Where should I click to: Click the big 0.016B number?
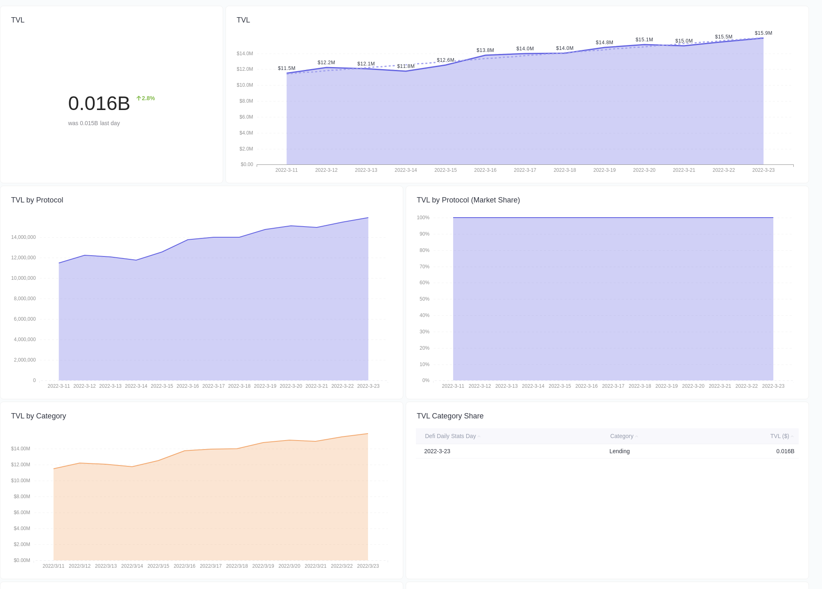tap(99, 103)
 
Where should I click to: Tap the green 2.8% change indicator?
tap(146, 98)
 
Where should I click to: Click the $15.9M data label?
tap(763, 33)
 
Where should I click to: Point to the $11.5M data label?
tap(286, 68)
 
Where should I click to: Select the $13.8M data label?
tap(485, 50)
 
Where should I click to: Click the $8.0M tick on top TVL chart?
tap(246, 101)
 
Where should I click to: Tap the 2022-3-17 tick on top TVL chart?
tap(524, 170)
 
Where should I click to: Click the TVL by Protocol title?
tap(37, 200)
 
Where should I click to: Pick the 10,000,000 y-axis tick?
tap(23, 278)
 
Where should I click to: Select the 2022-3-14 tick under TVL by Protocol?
tap(136, 386)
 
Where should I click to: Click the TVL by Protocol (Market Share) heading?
tap(468, 200)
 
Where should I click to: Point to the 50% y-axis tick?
tap(424, 299)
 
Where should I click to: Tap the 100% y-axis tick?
tap(423, 218)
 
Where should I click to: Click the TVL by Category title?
tap(38, 416)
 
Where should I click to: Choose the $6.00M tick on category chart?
tap(22, 513)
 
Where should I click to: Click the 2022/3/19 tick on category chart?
tap(263, 566)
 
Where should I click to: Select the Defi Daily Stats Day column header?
tap(450, 436)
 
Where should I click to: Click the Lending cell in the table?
tap(619, 451)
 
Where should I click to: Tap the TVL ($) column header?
tap(779, 436)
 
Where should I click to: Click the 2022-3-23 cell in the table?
tap(437, 451)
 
